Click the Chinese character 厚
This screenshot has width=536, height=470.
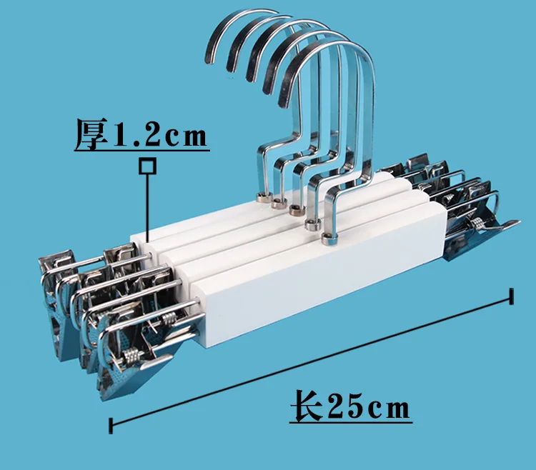click(x=91, y=134)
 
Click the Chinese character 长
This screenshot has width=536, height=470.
click(x=307, y=406)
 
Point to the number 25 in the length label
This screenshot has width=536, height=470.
click(x=346, y=406)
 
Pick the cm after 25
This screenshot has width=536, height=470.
click(x=389, y=409)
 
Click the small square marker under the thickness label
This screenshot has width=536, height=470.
click(x=148, y=166)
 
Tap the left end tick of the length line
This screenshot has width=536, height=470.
click(x=111, y=426)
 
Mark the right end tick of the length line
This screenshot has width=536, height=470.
click(x=512, y=296)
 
